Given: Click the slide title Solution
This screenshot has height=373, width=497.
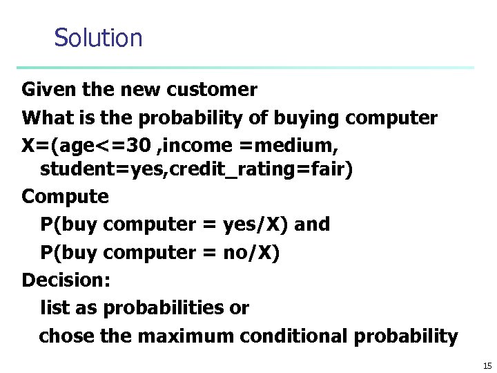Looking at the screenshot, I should tap(98, 37).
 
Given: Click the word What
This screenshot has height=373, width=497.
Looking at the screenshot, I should tap(44, 118).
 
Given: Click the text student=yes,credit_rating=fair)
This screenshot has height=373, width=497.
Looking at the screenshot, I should tap(196, 170).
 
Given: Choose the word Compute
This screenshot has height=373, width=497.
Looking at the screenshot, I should tap(65, 197).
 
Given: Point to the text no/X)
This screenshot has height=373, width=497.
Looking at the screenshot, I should tap(252, 253).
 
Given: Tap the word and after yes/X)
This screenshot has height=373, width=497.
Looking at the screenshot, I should tap(313, 224).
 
